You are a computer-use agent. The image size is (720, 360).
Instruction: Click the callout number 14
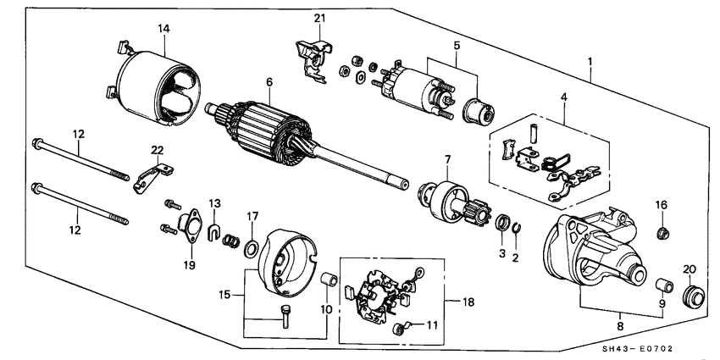point(163,29)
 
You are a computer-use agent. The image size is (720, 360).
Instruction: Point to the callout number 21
point(319,19)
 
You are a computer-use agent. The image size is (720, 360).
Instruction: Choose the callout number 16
point(662,204)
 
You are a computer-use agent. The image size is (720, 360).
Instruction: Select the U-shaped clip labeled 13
point(214,230)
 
